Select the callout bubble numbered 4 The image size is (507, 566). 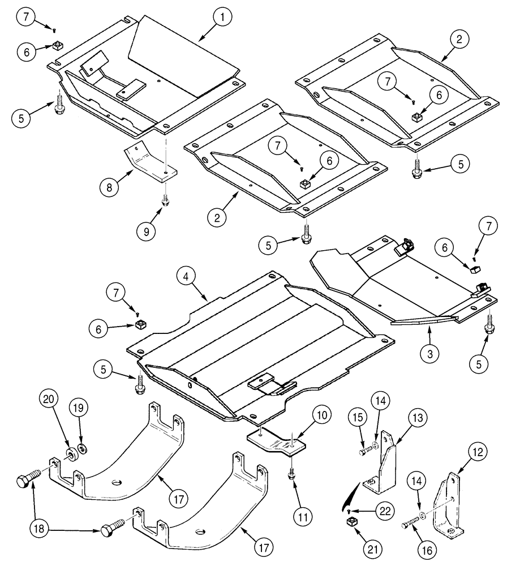pyautogui.click(x=186, y=277)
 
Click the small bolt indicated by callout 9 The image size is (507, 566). pyautogui.click(x=165, y=201)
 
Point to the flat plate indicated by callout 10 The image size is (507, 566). pyautogui.click(x=277, y=440)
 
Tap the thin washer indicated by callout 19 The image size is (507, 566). pyautogui.click(x=83, y=449)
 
